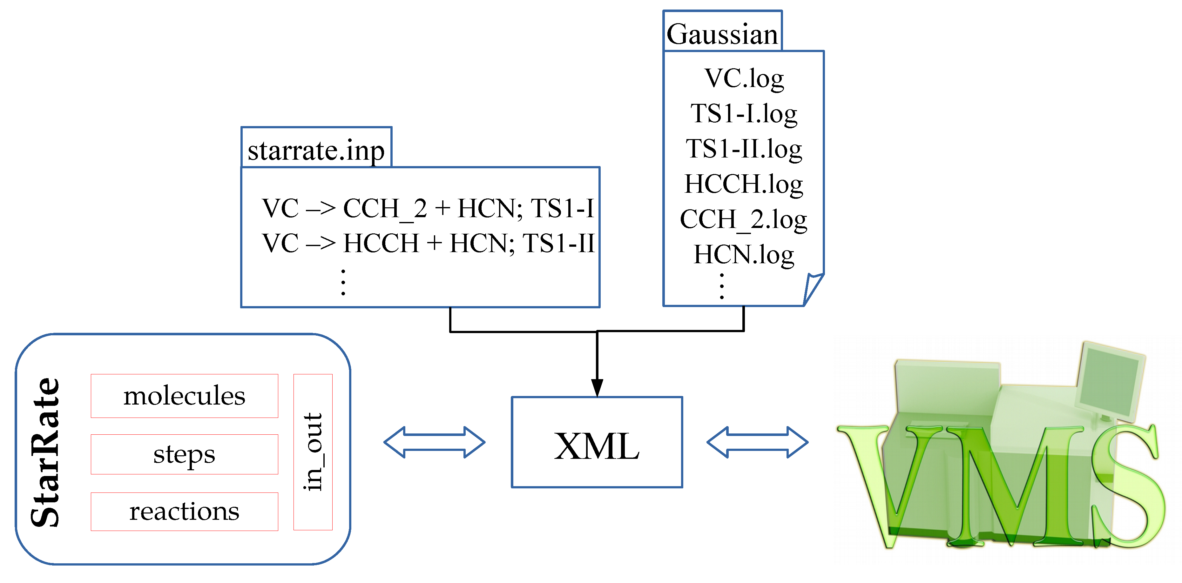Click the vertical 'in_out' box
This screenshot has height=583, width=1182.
(x=313, y=452)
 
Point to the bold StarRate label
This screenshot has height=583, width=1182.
(x=45, y=452)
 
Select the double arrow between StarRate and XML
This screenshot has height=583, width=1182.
(x=434, y=442)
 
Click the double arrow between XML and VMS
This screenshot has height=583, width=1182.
(x=757, y=442)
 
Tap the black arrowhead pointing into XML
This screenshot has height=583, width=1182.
(x=597, y=388)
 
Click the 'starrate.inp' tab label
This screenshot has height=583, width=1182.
(x=316, y=150)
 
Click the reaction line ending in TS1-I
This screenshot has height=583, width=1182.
(x=428, y=208)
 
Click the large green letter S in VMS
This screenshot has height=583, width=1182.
(x=1126, y=486)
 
